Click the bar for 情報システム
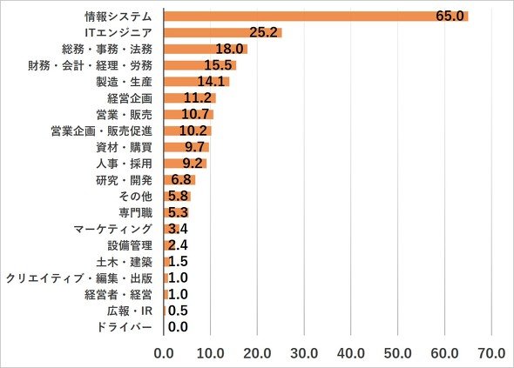point(316,16)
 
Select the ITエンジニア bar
point(223,33)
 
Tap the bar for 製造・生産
point(197,82)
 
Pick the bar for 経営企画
point(190,98)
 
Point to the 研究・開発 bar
point(179,180)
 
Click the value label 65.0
point(450,16)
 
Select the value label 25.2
point(264,32)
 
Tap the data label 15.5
point(218,65)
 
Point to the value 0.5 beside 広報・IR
point(178,311)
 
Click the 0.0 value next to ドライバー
point(178,327)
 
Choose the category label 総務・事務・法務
point(107,49)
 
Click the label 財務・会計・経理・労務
point(90,65)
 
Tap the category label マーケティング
point(112,229)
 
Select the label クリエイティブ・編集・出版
point(79,278)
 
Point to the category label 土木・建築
point(125,262)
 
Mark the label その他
point(135,196)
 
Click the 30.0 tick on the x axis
point(304,353)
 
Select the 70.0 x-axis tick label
point(491,353)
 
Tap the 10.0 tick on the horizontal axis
point(211,353)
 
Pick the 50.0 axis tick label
point(397,353)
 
